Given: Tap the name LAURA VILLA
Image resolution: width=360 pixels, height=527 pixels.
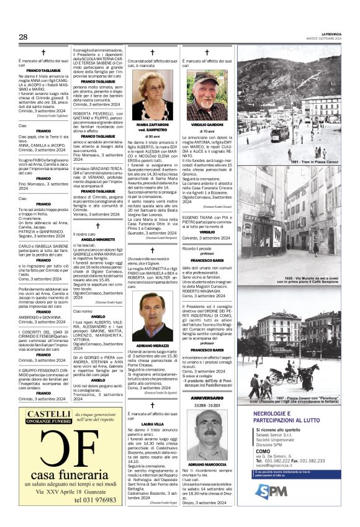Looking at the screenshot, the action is click(x=152, y=424).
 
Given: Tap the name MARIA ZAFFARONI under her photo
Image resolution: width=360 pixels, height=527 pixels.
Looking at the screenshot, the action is click(x=152, y=125).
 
